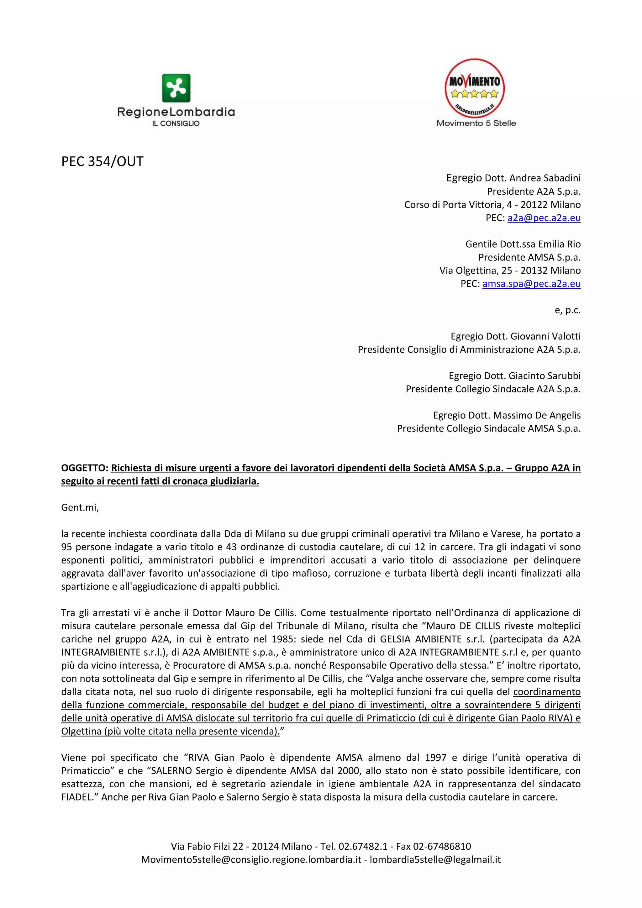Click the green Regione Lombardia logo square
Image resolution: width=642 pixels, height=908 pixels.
coord(176,88)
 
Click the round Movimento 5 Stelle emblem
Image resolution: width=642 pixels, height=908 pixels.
coord(475,88)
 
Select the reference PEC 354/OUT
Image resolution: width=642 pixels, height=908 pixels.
coord(102,161)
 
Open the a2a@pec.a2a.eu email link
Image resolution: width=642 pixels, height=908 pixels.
coord(544,218)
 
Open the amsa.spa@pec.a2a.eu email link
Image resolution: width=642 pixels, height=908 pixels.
coord(531,284)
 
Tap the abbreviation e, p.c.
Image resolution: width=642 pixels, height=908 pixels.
coord(567,310)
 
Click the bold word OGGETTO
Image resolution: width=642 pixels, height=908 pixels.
coord(84,468)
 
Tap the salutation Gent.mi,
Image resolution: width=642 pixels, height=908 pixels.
coord(80,507)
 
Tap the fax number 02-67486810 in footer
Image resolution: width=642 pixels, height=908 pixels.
coord(442,846)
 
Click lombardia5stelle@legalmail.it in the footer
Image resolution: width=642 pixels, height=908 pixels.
coord(435,859)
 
